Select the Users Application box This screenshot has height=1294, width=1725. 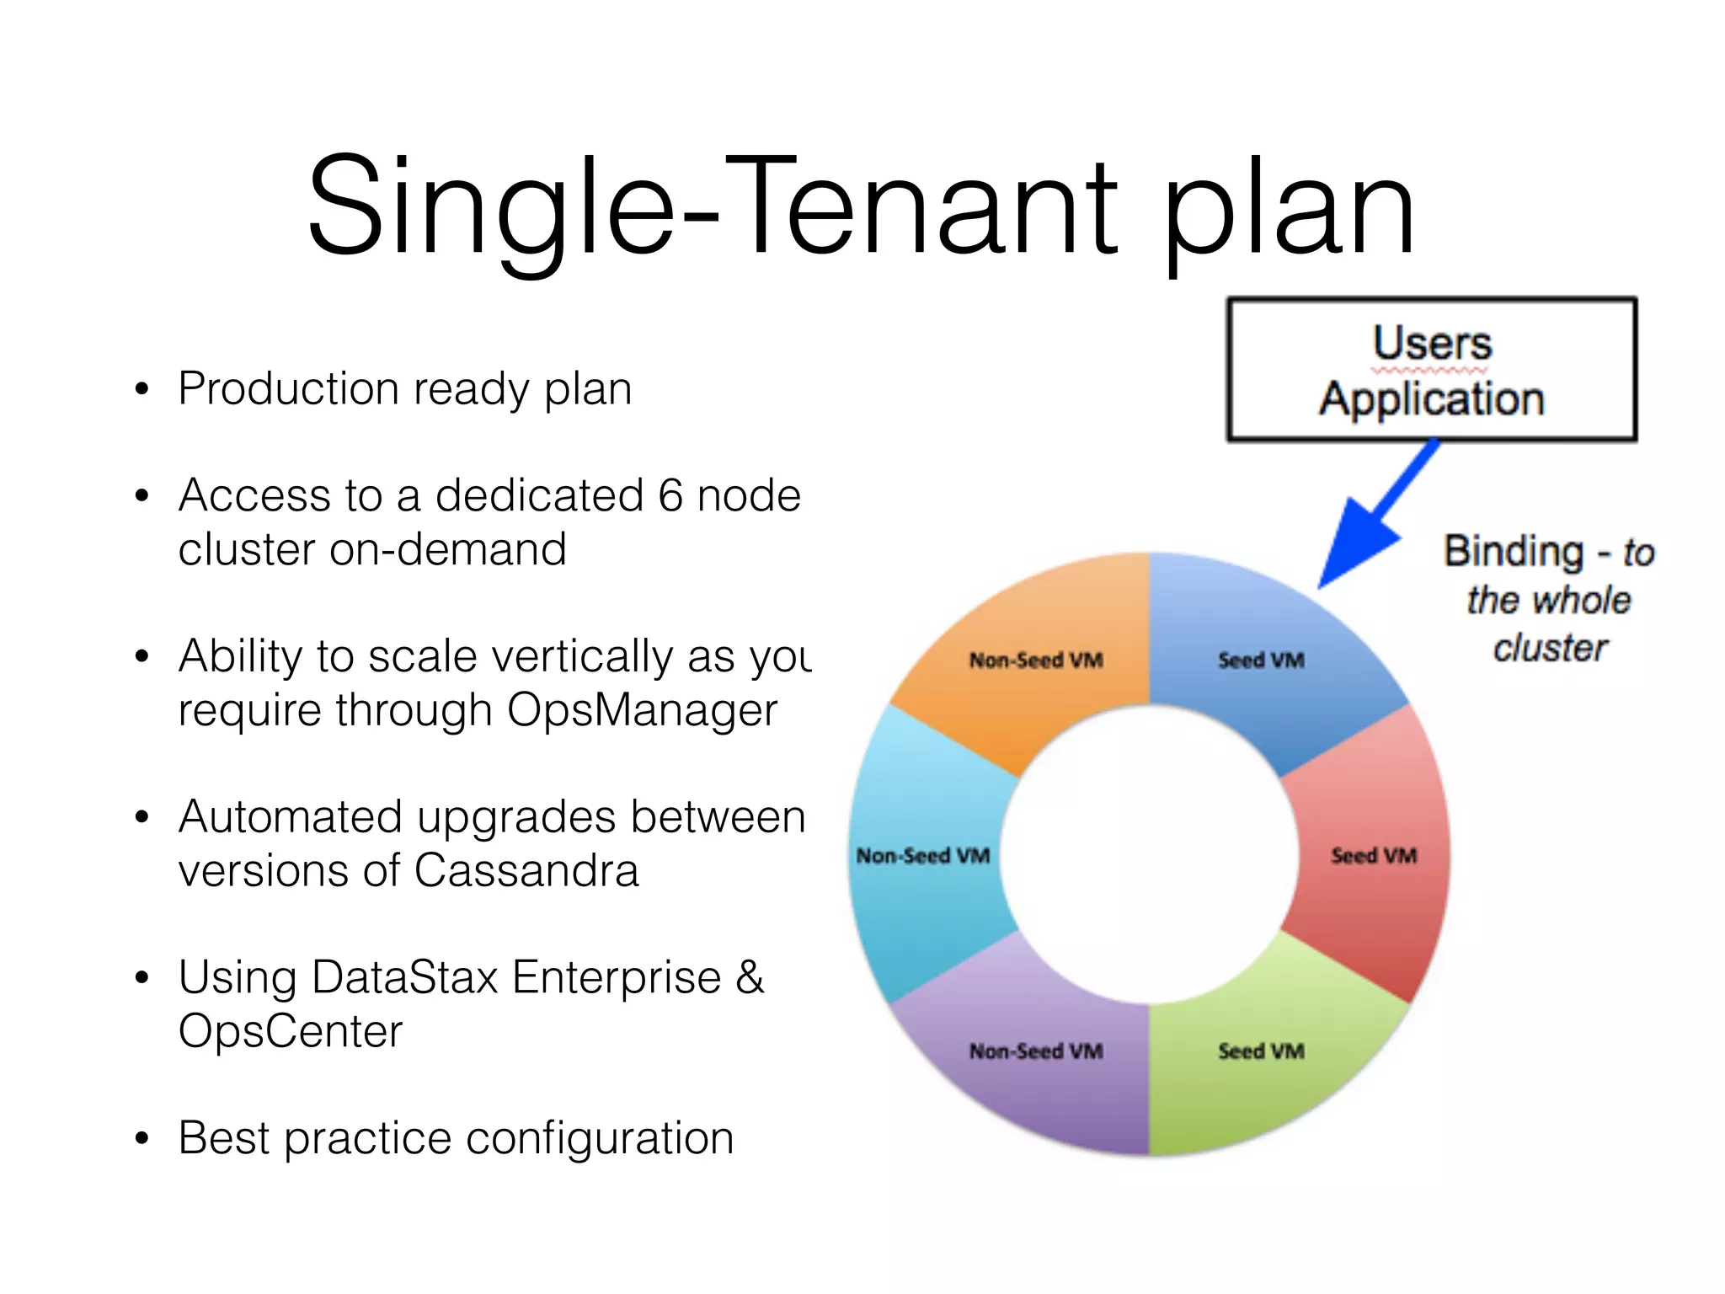point(1431,369)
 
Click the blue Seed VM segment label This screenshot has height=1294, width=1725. point(1261,660)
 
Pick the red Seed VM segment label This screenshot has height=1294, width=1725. point(1373,856)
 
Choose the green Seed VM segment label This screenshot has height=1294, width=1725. point(1261,1051)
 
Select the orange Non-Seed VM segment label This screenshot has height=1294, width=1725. point(1036,660)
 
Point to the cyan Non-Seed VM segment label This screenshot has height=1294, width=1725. point(923,856)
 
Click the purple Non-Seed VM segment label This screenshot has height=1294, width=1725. point(1036,1051)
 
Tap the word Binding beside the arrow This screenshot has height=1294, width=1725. point(1514,552)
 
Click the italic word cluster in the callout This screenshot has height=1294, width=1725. point(1550,649)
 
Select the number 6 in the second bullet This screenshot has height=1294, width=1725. point(670,495)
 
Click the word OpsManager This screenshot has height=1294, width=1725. point(642,710)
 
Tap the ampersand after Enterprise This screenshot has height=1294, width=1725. point(750,977)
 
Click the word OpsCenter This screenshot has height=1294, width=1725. point(291,1031)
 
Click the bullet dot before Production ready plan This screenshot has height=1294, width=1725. point(142,390)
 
